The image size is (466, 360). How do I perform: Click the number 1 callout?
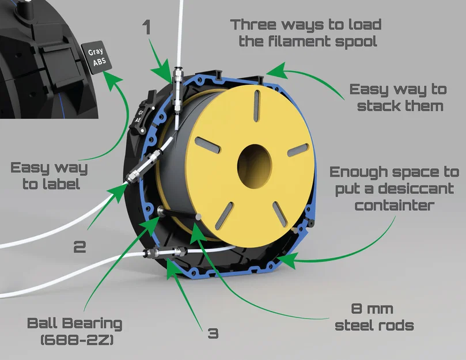tap(146, 27)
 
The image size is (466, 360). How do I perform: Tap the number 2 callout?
tap(79, 247)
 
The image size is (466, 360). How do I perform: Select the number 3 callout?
tap(213, 334)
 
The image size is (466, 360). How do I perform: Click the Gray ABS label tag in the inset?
tap(97, 58)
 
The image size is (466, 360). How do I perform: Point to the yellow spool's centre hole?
tap(255, 166)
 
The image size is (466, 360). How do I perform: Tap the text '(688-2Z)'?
tap(77, 340)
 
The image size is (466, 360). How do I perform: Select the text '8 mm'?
tap(372, 309)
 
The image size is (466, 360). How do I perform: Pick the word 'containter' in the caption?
tap(395, 206)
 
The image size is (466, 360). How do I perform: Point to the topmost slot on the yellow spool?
tap(256, 106)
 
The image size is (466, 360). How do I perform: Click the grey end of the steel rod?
tap(199, 217)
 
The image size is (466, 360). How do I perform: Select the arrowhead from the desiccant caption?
tap(287, 259)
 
